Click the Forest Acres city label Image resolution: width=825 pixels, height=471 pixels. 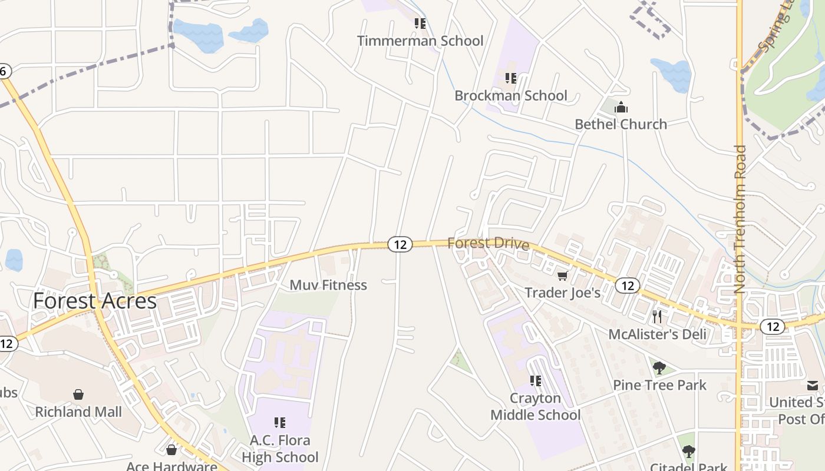point(95,301)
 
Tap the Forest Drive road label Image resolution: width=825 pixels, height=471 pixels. point(488,243)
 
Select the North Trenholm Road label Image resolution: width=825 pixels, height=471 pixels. point(740,219)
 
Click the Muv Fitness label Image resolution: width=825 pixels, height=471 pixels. point(328,285)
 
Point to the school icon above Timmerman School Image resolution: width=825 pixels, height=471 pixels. point(420,24)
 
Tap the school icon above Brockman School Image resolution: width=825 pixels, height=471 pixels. point(511,78)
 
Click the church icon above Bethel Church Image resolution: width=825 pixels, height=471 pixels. point(621,107)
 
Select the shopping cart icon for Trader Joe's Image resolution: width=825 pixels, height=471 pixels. point(563,276)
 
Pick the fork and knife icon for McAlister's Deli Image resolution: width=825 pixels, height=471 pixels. point(657,317)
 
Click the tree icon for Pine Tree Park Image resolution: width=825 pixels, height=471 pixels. point(659,368)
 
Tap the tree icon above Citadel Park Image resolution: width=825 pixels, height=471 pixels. point(688,452)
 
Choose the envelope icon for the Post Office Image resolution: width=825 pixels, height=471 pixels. point(813,386)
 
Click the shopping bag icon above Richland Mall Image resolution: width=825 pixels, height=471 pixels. point(78,394)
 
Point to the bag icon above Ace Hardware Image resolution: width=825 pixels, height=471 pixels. point(171,450)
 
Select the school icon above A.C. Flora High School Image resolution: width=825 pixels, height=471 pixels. point(280,422)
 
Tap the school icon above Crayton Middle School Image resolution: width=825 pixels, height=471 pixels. point(535,381)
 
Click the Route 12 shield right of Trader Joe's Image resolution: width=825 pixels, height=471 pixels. point(628,286)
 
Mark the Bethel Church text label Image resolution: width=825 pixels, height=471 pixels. point(621,124)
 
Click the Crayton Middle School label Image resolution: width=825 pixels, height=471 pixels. point(536,407)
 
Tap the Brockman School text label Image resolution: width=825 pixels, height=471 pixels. point(511,95)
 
